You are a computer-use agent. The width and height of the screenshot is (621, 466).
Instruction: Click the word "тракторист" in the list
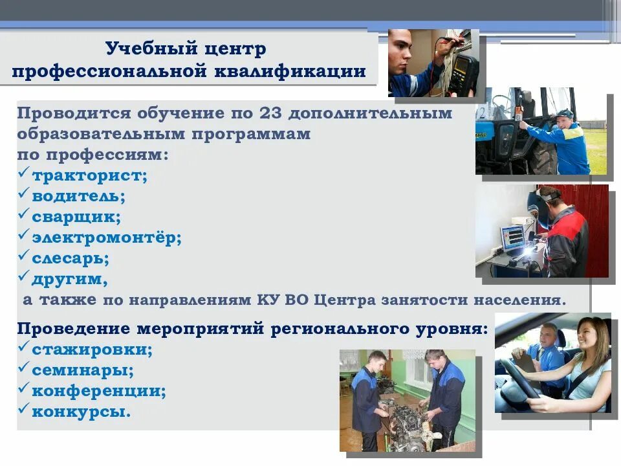point(89,176)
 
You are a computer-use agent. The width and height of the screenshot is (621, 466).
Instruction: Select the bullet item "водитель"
point(78,196)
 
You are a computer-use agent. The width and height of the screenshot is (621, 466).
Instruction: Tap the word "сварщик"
point(76,217)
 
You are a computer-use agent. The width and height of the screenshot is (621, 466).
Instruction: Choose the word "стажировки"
point(93,350)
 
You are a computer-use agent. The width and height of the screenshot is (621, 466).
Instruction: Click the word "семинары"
point(83,371)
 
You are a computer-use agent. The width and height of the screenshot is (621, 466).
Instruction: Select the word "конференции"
point(99,391)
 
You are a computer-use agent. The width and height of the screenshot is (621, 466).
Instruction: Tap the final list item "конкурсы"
point(81,412)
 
